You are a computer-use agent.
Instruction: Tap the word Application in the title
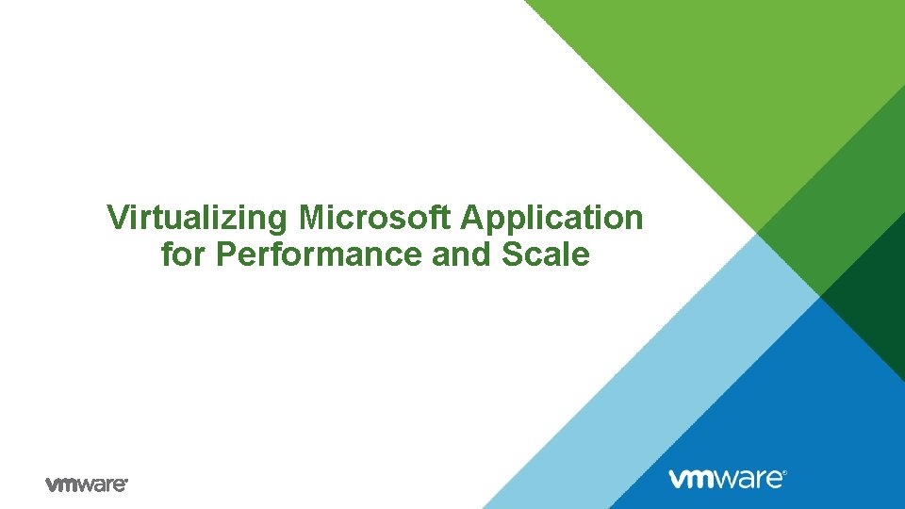click(x=551, y=219)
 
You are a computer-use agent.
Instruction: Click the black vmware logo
click(x=86, y=484)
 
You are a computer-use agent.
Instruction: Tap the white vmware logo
click(x=727, y=478)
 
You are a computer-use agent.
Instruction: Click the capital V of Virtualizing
click(x=117, y=218)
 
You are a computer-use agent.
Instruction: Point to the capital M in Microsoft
click(x=312, y=218)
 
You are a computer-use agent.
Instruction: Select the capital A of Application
click(x=471, y=218)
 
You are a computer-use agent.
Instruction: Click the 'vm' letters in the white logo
click(x=693, y=479)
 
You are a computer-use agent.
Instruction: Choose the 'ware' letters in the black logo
click(x=104, y=484)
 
